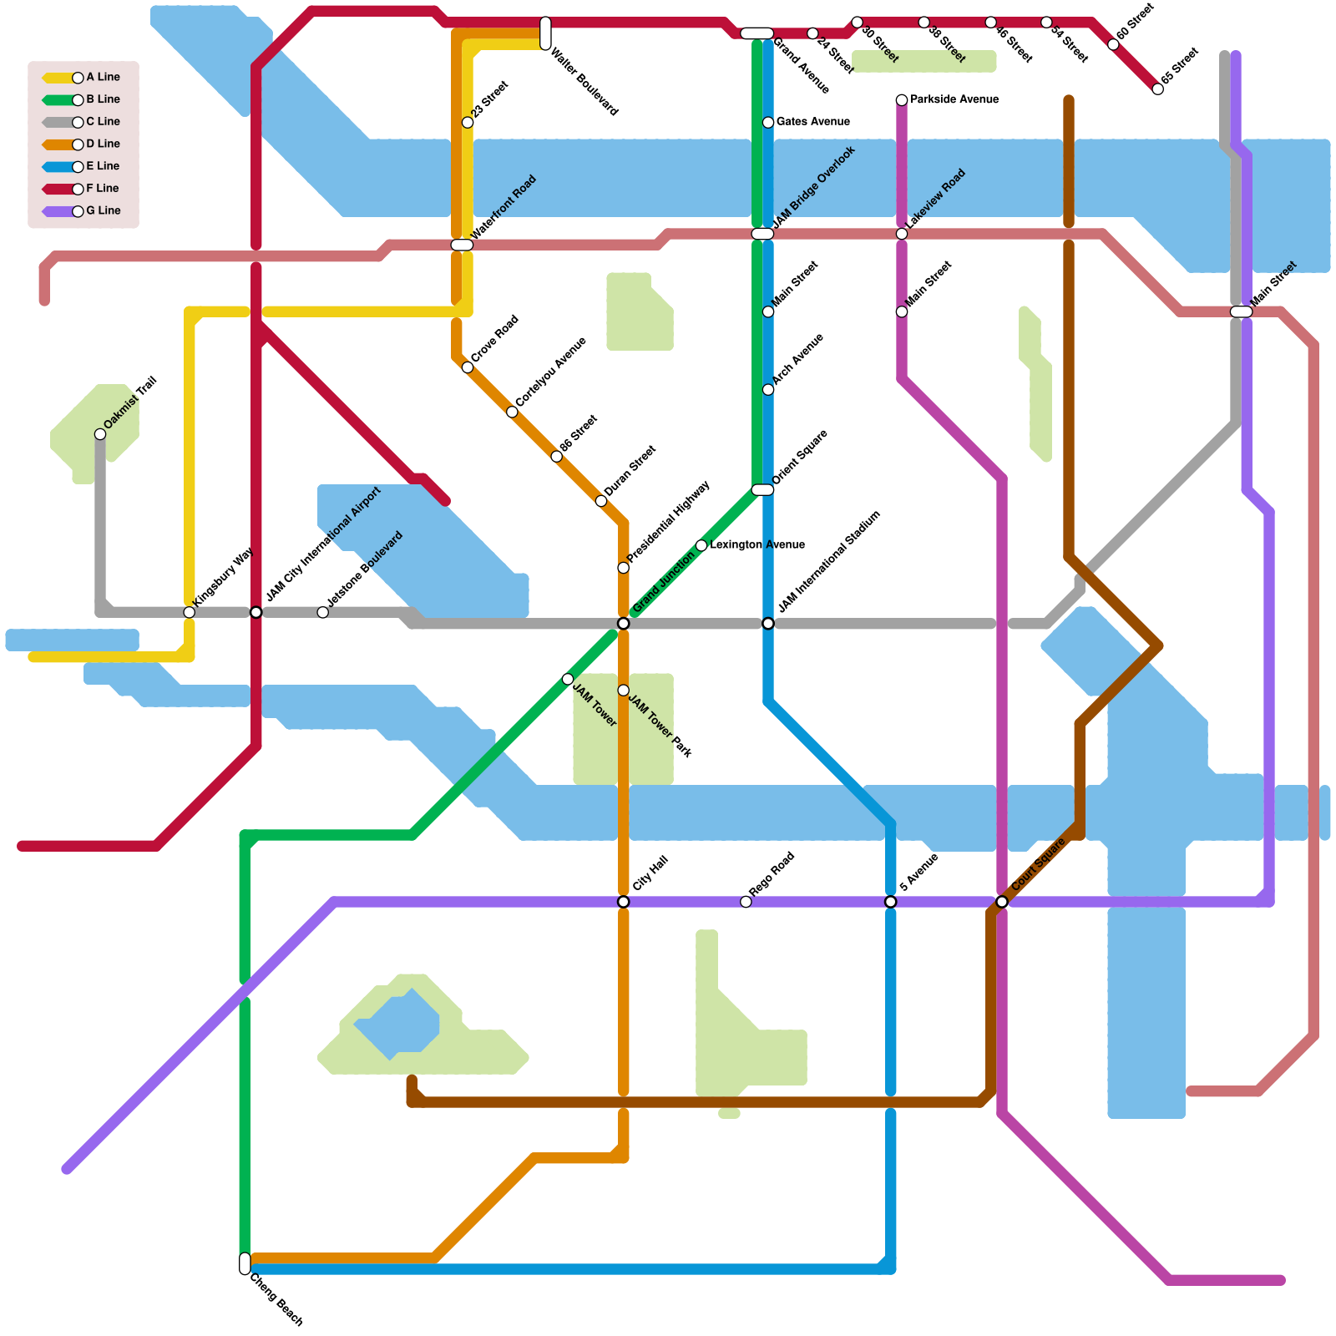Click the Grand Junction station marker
[x=623, y=624]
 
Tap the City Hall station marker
[x=623, y=902]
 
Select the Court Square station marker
[x=1001, y=902]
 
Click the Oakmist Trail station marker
[x=100, y=434]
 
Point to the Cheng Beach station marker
[x=245, y=1263]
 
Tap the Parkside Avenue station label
[x=954, y=99]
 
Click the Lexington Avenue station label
[x=757, y=545]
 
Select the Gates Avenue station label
[x=812, y=122]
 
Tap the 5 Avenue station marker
[x=890, y=902]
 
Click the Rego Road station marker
[x=746, y=902]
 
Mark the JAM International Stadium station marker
[x=768, y=624]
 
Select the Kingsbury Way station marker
[x=190, y=613]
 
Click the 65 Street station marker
[x=1157, y=89]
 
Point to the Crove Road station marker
[x=468, y=367]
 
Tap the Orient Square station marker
[x=762, y=490]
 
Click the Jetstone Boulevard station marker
[x=323, y=613]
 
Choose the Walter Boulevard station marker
[x=545, y=33]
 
